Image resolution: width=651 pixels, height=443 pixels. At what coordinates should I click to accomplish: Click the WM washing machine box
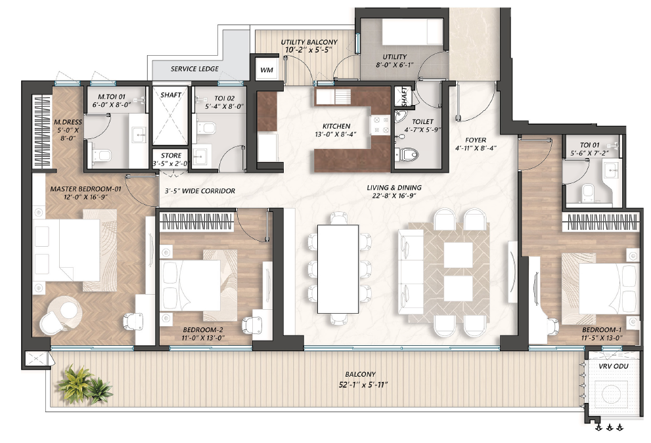(x=267, y=70)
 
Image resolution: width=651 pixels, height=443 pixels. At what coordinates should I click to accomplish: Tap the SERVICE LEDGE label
(x=194, y=69)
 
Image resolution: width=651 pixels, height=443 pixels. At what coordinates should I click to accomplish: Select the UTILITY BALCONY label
(x=309, y=42)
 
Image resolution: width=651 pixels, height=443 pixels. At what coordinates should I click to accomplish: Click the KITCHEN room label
(x=336, y=126)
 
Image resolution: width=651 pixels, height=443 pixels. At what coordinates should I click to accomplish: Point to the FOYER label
(x=476, y=140)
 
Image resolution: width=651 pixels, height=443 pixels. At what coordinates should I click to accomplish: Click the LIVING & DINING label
(x=394, y=188)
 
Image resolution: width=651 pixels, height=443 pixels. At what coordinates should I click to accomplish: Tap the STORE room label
(x=171, y=156)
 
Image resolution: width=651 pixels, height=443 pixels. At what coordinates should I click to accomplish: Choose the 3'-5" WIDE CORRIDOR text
(x=200, y=191)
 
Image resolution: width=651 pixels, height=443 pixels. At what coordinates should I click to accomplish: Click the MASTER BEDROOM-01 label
(x=85, y=189)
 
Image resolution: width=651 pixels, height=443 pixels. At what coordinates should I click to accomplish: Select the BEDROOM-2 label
(x=203, y=330)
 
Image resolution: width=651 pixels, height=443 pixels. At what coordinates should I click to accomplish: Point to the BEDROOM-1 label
(x=602, y=330)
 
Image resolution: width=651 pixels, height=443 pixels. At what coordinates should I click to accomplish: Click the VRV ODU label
(x=613, y=366)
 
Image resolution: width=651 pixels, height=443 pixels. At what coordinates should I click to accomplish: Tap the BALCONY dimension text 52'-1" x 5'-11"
(x=363, y=385)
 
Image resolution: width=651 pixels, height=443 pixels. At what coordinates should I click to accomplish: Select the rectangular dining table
(x=338, y=269)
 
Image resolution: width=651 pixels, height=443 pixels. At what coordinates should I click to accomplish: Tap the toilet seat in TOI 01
(x=589, y=192)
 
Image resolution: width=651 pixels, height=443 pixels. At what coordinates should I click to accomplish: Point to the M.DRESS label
(x=68, y=130)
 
